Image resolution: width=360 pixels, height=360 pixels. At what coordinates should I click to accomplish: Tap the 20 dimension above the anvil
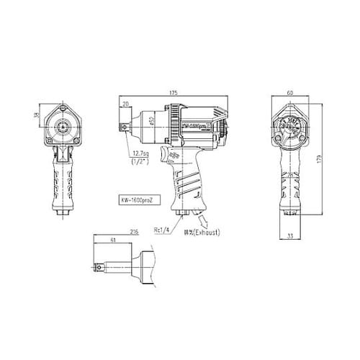click(127, 104)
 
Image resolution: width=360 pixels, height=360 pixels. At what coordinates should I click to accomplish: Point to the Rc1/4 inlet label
click(162, 230)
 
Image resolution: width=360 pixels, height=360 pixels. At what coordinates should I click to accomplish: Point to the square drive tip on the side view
click(125, 127)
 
